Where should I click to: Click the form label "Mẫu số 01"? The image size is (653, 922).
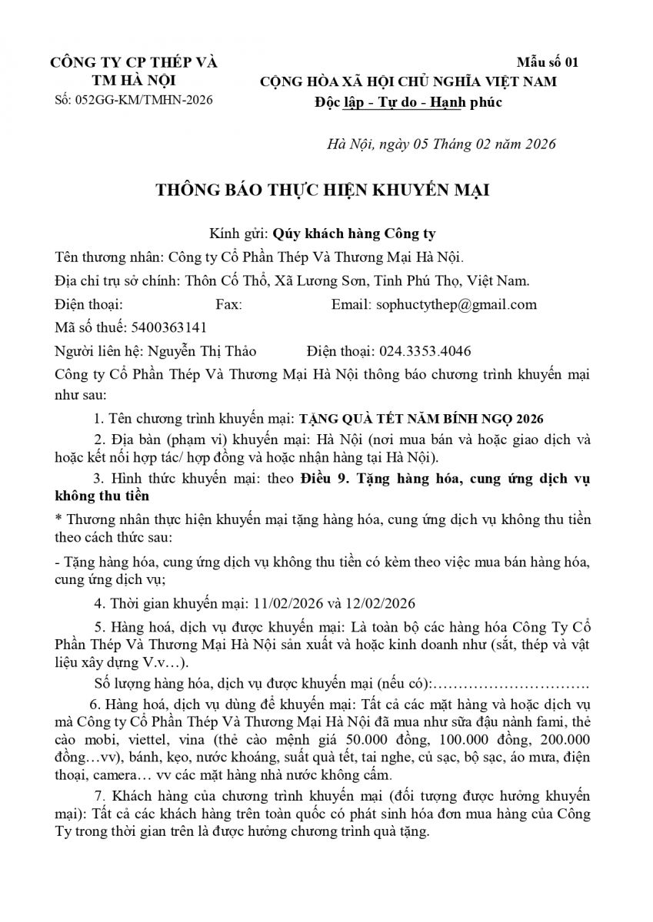coord(548,62)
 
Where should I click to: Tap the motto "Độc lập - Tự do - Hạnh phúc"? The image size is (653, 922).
coord(408,102)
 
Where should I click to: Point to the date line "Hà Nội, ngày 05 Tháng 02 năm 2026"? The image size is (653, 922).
coord(440,144)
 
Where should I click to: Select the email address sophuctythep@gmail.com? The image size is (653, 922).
coord(456,304)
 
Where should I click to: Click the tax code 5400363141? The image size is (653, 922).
coord(169,327)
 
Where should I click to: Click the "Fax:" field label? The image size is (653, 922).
coord(228,304)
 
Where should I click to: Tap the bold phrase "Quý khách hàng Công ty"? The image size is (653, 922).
coord(358,234)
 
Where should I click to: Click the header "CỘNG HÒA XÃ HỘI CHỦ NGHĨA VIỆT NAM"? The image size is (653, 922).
coord(408,81)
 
